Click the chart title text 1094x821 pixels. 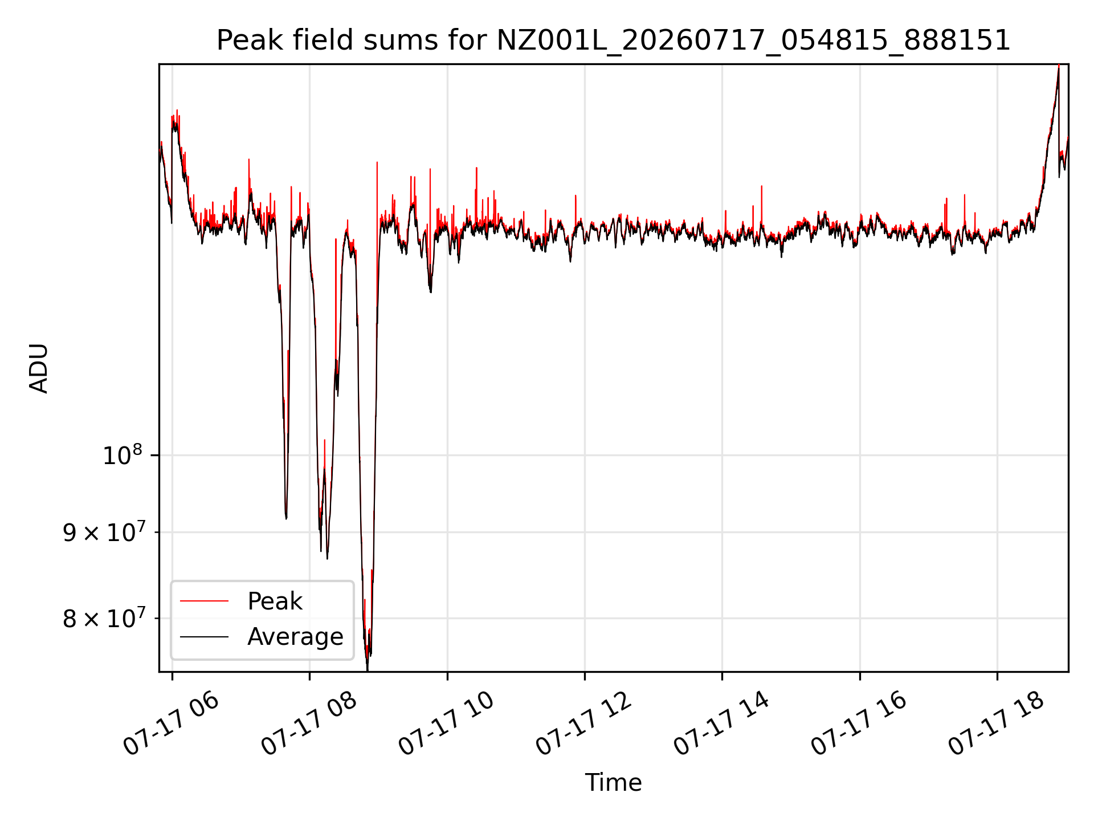point(613,40)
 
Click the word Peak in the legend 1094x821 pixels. point(275,601)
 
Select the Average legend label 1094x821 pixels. point(295,637)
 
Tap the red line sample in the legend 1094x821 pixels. point(204,601)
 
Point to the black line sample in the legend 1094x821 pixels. point(204,636)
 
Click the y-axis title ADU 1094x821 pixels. point(39,368)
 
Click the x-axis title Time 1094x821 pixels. point(613,783)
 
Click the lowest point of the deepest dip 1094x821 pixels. point(368,670)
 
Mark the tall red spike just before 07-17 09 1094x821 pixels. point(377,163)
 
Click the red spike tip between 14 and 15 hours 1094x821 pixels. point(762,186)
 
